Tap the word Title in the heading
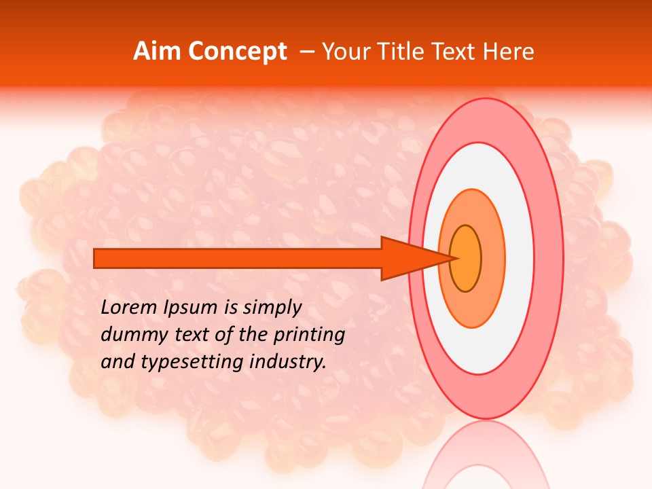(409, 52)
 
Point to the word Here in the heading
(509, 52)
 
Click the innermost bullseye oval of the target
(466, 258)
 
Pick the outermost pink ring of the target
(550, 258)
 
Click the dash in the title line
(307, 52)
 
